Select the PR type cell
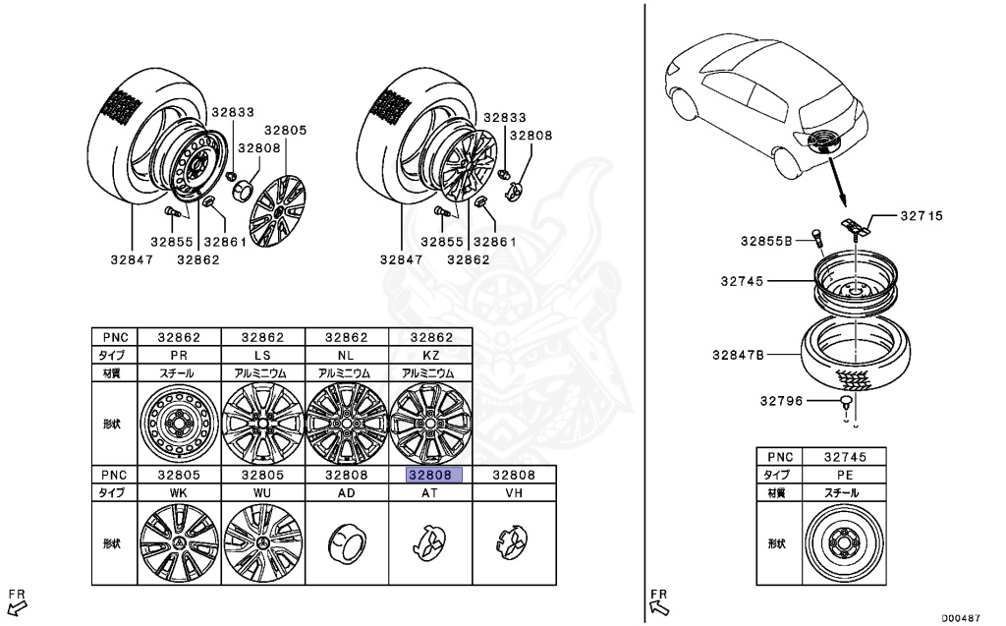(179, 354)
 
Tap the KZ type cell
(431, 354)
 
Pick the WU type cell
(262, 491)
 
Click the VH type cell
(514, 491)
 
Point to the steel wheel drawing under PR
(179, 424)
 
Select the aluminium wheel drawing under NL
(347, 424)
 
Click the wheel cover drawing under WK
(179, 543)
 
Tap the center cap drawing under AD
(347, 541)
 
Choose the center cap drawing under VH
(513, 541)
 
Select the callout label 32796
(781, 400)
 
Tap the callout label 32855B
(766, 240)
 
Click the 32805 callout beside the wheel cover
(285, 130)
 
